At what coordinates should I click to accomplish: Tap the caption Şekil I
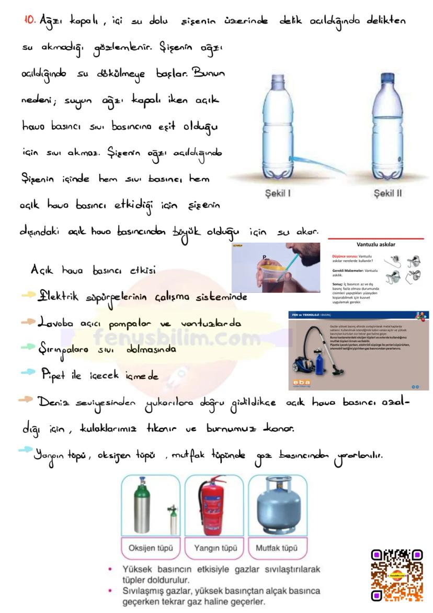click(277, 194)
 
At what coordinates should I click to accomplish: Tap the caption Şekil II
click(388, 194)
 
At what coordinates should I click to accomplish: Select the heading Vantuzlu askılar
click(375, 244)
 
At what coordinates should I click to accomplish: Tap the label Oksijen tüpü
click(150, 549)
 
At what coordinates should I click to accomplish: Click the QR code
click(396, 575)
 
